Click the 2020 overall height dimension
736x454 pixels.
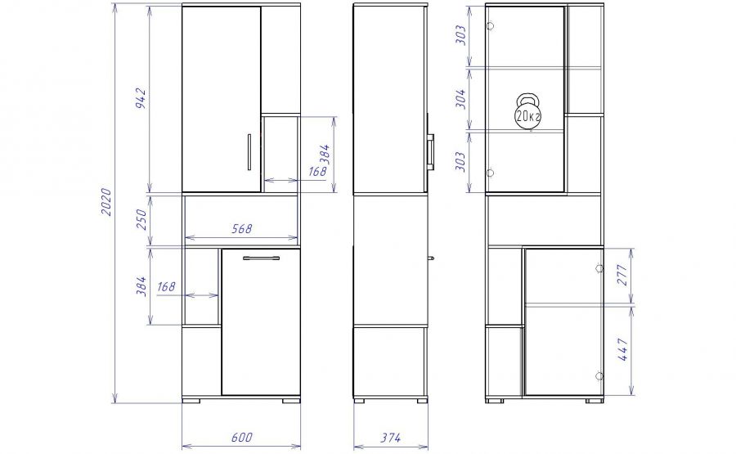[x=106, y=202]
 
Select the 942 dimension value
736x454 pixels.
[x=141, y=98]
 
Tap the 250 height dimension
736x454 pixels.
[x=141, y=219]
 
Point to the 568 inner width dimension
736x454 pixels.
[x=242, y=229]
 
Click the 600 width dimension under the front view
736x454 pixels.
[x=242, y=438]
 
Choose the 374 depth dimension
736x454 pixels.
[x=391, y=438]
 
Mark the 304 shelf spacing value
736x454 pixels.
[x=461, y=99]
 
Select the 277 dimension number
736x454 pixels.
[x=622, y=275]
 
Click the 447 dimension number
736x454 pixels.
[x=622, y=349]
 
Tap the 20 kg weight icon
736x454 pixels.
[x=528, y=111]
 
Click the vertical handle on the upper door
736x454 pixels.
[x=249, y=152]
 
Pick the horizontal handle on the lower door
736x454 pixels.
[x=261, y=258]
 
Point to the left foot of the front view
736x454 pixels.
[x=191, y=401]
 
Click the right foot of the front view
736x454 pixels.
[x=291, y=401]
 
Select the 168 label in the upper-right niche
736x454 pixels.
[x=317, y=171]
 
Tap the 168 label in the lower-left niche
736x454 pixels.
[x=166, y=286]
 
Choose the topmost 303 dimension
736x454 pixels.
[x=461, y=35]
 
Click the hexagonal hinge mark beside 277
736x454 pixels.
[x=599, y=268]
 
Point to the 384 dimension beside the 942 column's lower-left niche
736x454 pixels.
[x=141, y=286]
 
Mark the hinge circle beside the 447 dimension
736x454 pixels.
[x=599, y=376]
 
